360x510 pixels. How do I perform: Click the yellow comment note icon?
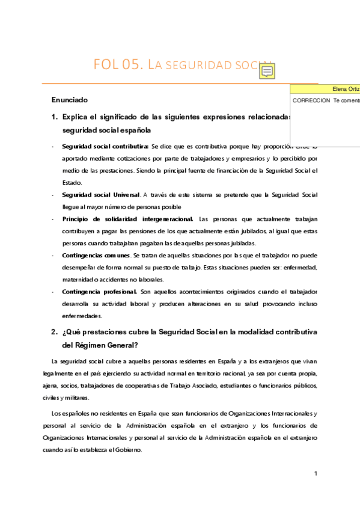click(267, 72)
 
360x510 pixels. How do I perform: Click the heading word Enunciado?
click(70, 99)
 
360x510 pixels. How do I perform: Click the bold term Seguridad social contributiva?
click(105, 146)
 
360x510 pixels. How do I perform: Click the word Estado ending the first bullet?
click(72, 183)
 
